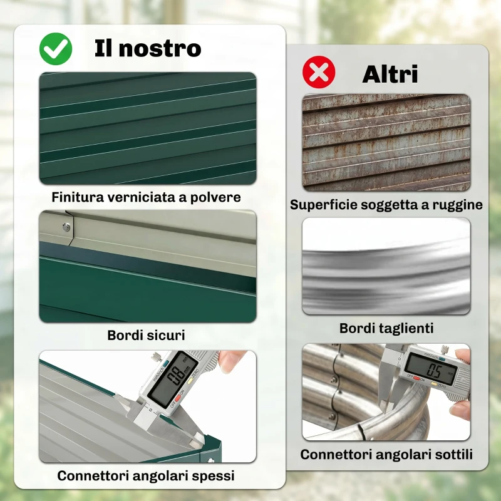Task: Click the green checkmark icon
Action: click(56, 48)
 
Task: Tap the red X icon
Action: click(319, 73)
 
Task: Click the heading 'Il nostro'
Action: click(148, 48)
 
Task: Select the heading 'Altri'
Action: click(390, 74)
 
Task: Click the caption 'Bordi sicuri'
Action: click(146, 335)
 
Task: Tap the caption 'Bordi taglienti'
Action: click(386, 328)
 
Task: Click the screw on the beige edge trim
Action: click(66, 227)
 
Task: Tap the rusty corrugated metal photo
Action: click(386, 142)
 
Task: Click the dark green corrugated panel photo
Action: click(148, 128)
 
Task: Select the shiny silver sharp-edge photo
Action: click(386, 266)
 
